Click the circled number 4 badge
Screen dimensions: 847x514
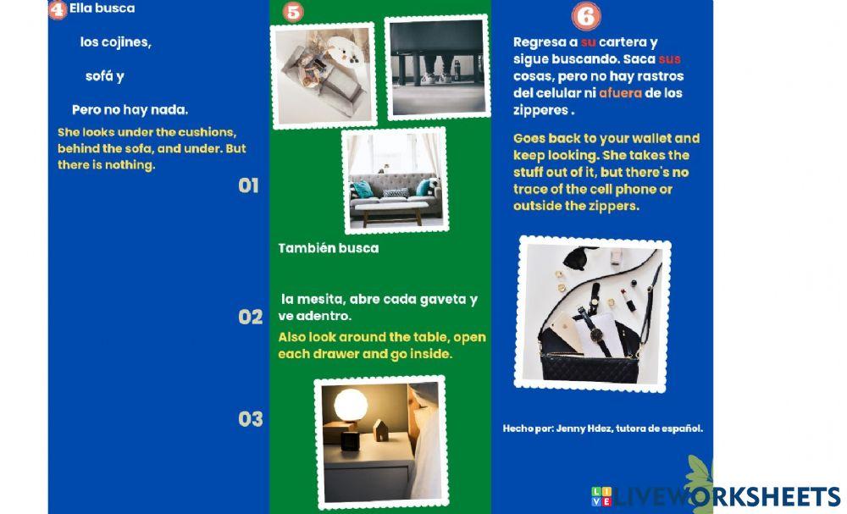58,9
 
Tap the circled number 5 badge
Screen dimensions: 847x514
293,11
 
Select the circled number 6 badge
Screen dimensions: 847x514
586,16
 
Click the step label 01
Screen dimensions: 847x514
248,185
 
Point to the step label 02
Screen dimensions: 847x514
251,317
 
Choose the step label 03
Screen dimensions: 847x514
251,419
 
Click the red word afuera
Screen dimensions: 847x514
621,93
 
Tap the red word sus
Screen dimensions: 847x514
670,58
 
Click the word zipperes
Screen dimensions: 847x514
541,110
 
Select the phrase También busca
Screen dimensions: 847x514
329,248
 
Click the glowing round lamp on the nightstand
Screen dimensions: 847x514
350,405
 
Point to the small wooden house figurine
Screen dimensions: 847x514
381,430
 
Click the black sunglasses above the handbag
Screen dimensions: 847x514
579,257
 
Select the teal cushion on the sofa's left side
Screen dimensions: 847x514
363,189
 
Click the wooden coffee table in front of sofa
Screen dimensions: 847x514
393,213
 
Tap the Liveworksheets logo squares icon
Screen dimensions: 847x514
601,496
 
